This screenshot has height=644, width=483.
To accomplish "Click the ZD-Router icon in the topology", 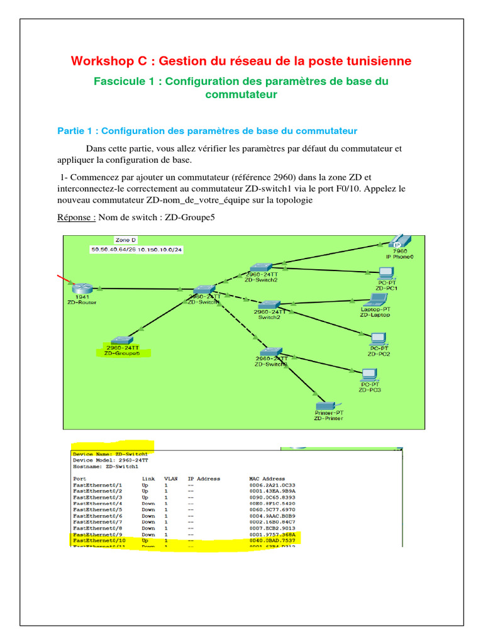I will tap(81, 288).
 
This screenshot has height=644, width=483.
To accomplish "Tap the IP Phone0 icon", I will tap(396, 243).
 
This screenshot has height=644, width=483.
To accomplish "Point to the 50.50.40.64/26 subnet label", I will tap(118, 249).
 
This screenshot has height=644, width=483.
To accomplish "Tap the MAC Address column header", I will tap(267, 479).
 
